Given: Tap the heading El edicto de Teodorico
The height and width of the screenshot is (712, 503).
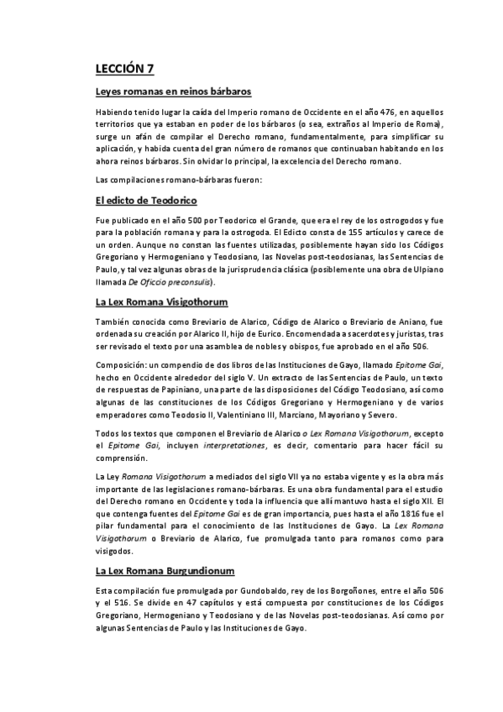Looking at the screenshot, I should pyautogui.click(x=146, y=202).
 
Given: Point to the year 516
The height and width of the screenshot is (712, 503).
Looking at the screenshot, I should pyautogui.click(x=119, y=604).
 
